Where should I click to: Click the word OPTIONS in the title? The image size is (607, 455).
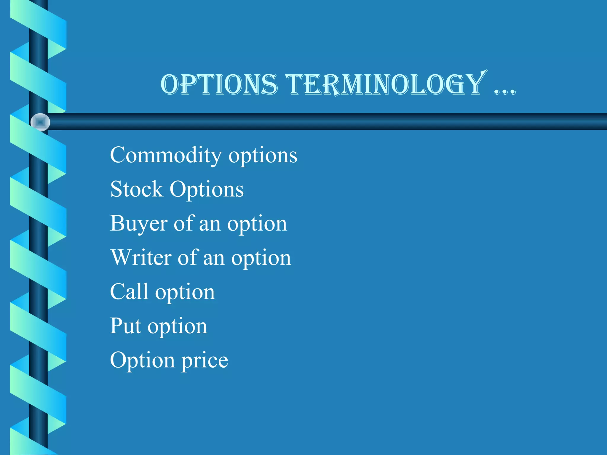coord(219,85)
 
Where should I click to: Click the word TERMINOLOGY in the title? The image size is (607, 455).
coord(385,85)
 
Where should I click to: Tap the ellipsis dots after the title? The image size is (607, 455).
coord(505,91)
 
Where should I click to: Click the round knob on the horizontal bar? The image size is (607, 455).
coord(40,122)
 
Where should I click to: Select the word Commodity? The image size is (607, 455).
coord(166,155)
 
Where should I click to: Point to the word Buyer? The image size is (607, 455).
coord(139,224)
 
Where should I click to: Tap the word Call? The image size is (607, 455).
coord(129,291)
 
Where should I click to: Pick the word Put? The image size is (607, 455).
coord(125,326)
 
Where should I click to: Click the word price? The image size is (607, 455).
coord(205,361)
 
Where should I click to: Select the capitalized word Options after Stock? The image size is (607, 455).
coord(207,190)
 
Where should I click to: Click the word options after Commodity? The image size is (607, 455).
coord(263,156)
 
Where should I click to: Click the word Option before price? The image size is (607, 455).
coord(142,361)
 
